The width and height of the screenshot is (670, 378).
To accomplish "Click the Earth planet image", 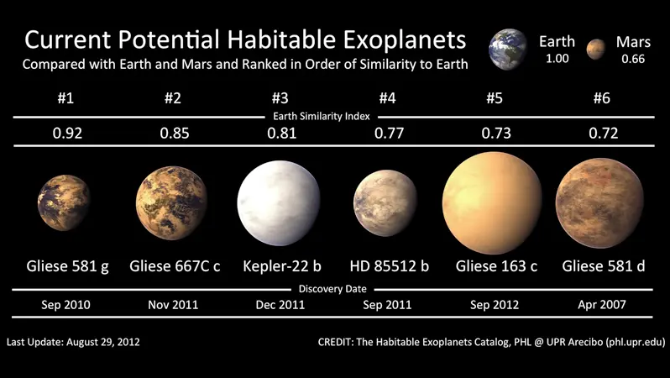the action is tap(508, 50).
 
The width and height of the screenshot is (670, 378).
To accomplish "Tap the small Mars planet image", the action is tap(596, 50).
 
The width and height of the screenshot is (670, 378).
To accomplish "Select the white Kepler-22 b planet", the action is tap(279, 203).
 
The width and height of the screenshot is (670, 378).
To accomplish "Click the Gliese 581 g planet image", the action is tap(64, 202).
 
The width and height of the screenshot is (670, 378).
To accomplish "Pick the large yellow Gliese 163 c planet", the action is tap(492, 202).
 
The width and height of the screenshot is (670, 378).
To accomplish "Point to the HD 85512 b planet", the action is tap(385, 203).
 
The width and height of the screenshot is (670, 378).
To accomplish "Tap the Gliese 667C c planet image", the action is tap(171, 203).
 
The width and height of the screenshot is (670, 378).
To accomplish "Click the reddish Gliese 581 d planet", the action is tap(599, 203).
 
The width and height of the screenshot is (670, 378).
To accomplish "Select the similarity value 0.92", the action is tap(67, 134).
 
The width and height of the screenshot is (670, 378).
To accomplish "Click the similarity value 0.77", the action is tap(389, 134).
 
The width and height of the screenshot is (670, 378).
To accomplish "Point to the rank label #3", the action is tap(280, 98).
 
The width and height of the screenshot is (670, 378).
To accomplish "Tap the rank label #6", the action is tap(602, 98).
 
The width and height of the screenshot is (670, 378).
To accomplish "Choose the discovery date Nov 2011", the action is tap(173, 305).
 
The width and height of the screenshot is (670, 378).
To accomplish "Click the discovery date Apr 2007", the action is tap(602, 305).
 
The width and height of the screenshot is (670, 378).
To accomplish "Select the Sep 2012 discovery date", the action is tap(495, 305).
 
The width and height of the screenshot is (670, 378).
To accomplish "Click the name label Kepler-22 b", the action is tap(282, 266).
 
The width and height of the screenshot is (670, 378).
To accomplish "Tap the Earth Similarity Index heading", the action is tap(322, 116).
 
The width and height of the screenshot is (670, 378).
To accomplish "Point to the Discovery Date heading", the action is tap(332, 289).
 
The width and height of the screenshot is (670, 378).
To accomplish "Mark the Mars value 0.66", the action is tap(633, 59).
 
